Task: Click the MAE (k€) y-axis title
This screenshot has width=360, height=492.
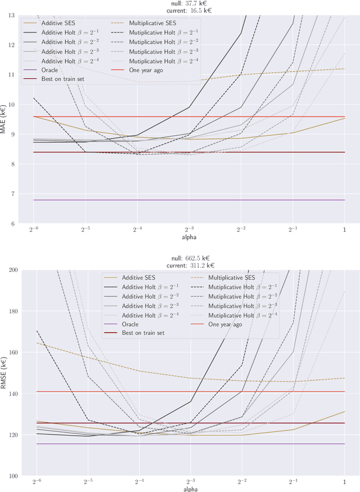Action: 4,119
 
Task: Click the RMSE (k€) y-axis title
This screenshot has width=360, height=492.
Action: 4,373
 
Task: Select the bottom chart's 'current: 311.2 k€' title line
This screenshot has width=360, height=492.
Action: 190,265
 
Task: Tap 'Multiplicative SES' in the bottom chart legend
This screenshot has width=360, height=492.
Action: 231,278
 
